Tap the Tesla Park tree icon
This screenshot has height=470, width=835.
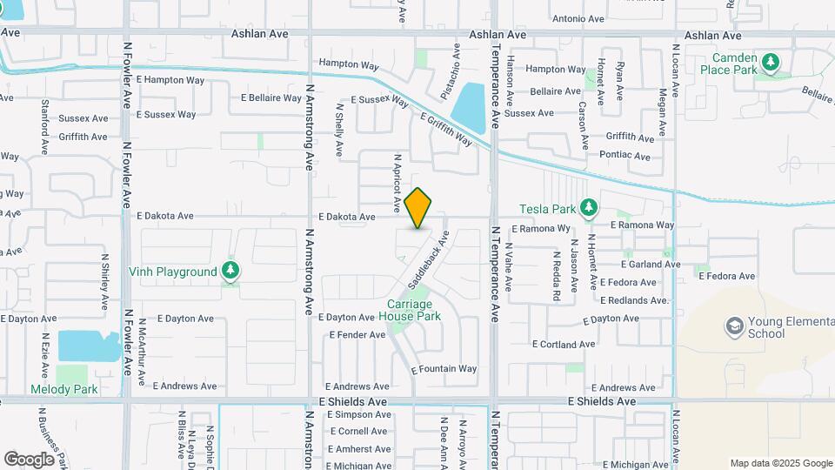(590, 208)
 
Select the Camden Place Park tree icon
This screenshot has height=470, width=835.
(769, 62)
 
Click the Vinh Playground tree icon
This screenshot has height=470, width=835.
(230, 272)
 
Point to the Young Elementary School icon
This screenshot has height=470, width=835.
(734, 327)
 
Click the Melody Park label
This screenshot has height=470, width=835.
(64, 389)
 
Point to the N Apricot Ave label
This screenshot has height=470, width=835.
(397, 185)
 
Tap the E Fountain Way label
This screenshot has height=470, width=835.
(444, 369)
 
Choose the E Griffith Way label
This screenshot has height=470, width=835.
(445, 129)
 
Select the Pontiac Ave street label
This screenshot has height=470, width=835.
(625, 157)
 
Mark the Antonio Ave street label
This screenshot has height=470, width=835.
(578, 18)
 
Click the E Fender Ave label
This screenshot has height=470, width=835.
(357, 334)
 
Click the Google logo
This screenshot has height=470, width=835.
(29, 459)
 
